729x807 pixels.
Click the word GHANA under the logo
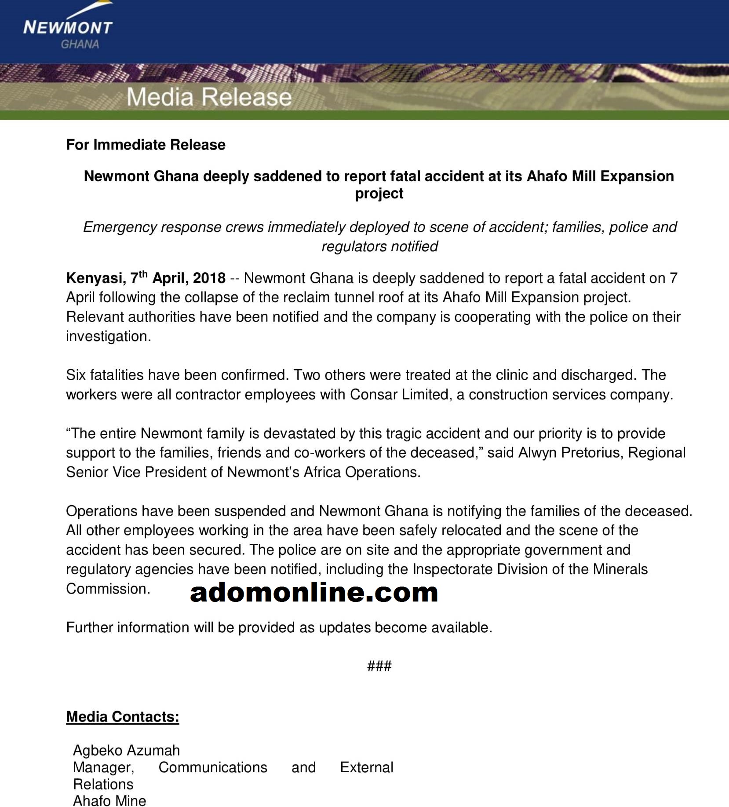point(80,44)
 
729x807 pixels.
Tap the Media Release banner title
point(209,97)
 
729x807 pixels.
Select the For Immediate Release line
point(146,145)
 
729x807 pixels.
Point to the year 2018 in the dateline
point(209,278)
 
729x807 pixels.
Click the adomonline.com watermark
point(314,592)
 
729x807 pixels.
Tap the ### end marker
point(379,666)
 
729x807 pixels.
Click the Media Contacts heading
point(123,717)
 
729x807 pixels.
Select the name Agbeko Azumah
point(127,750)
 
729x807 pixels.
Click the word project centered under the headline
point(379,194)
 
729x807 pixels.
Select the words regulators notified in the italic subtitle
point(380,246)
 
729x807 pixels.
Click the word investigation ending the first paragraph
point(108,336)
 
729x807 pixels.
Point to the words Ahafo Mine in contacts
point(109,801)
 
